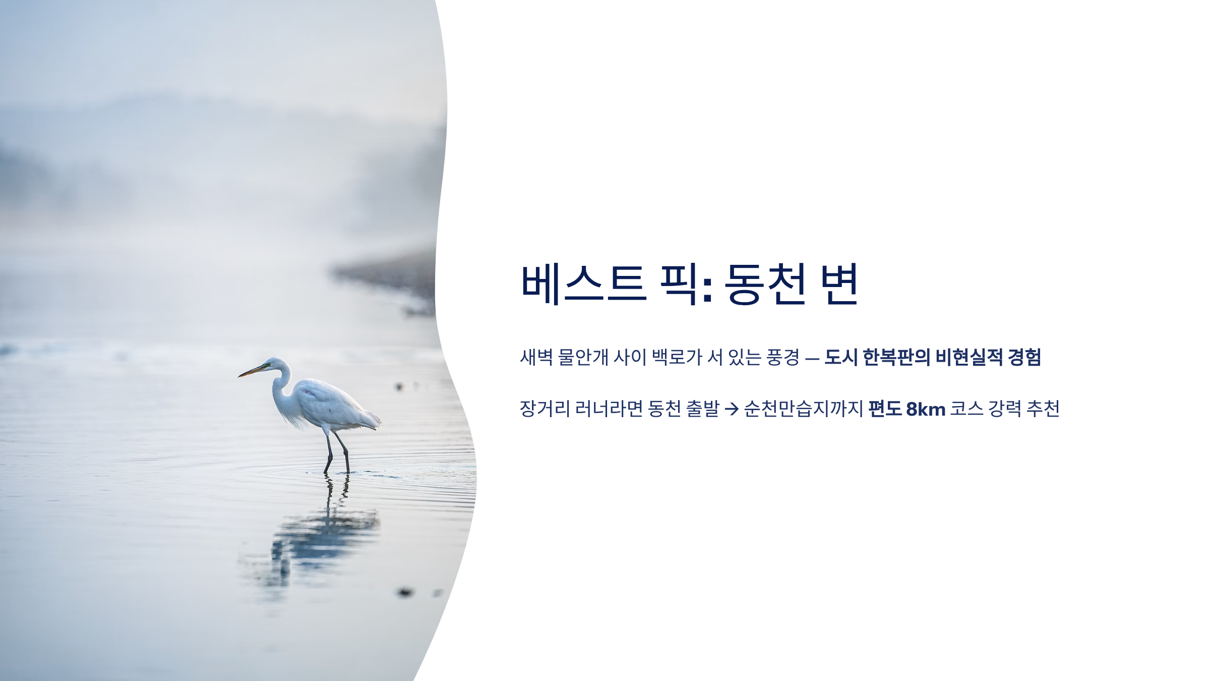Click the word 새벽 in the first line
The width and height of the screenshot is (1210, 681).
pos(536,357)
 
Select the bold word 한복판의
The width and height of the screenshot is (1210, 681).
pos(896,357)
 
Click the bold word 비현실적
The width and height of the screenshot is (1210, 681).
pos(969,357)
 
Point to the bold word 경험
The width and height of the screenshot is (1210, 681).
pos(1024,357)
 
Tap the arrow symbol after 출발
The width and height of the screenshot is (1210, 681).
pos(732,409)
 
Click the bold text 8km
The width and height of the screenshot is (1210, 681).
pos(926,409)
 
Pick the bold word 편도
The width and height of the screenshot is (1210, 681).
pos(885,409)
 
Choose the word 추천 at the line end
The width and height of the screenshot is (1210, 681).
pos(1043,409)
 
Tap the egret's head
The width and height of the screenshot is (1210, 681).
pos(275,364)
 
